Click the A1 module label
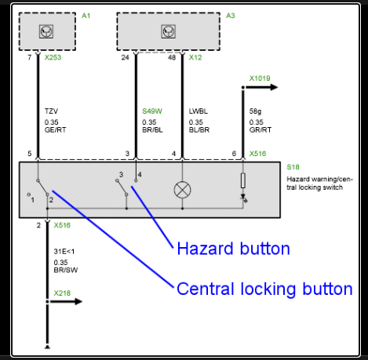86,16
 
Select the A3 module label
231,16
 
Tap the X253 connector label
53,57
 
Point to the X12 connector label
195,57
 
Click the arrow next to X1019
261,87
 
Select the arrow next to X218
65,301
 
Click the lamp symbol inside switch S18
182,190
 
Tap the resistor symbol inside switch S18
243,180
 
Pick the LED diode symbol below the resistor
243,198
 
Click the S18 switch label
293,167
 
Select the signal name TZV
51,111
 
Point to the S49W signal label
152,111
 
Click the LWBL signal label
199,111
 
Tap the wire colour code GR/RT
261,130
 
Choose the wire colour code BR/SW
66,270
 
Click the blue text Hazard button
234,249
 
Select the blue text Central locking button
264,289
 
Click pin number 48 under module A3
172,57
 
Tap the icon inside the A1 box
46,31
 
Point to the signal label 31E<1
64,252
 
